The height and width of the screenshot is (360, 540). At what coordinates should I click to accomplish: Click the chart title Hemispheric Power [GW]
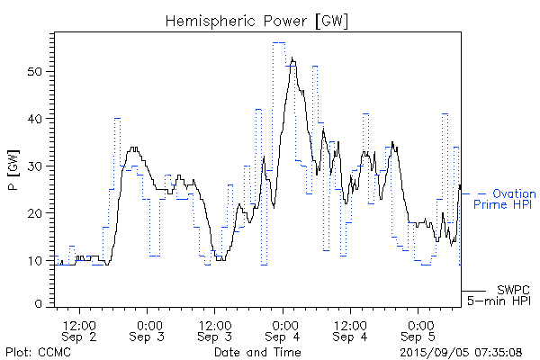(x=257, y=20)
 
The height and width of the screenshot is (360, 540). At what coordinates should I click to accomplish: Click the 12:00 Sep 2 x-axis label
(x=80, y=328)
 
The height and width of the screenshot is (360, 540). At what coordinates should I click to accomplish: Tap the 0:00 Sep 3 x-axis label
(x=148, y=328)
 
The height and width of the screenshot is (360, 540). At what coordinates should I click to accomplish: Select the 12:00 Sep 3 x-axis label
(x=215, y=328)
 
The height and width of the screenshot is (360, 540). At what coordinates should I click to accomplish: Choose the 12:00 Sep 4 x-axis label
(x=350, y=328)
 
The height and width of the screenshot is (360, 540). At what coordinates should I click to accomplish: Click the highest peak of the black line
(x=292, y=58)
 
